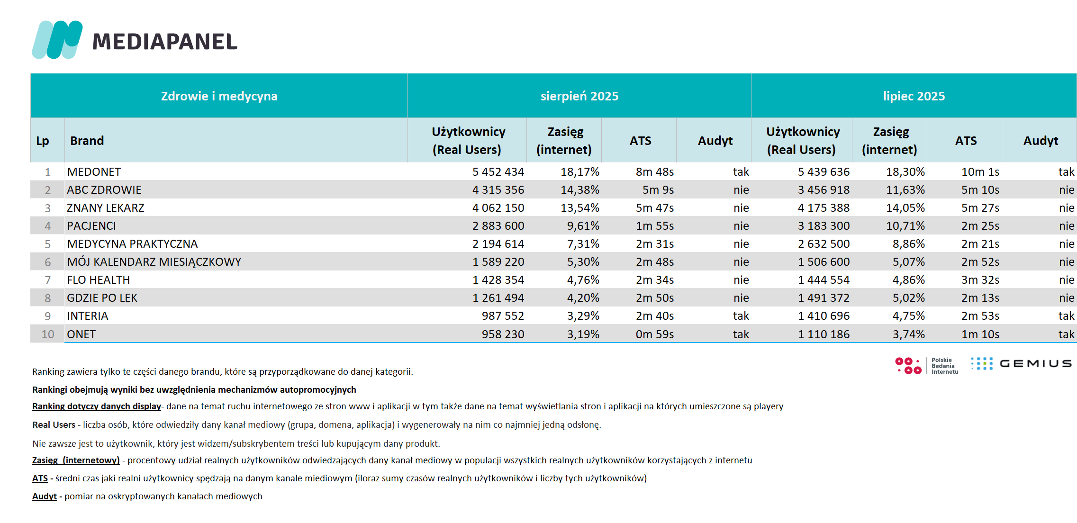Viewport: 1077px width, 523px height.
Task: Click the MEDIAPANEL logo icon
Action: pos(57,40)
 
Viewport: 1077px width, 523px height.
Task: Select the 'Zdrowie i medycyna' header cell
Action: pos(219,96)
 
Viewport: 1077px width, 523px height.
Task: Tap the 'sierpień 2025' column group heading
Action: pos(579,96)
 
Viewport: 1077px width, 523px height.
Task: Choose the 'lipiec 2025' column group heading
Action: pos(914,96)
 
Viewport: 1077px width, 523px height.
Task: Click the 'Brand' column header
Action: pos(87,141)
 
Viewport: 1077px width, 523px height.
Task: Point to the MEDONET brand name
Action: pos(94,172)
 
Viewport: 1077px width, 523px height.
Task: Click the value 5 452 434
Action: pos(498,172)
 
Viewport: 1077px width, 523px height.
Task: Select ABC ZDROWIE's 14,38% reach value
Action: pos(580,190)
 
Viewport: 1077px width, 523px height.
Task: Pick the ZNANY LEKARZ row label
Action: pos(105,208)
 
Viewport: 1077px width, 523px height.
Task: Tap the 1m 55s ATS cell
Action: pos(655,226)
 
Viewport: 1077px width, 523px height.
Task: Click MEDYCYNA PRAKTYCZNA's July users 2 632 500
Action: pos(824,244)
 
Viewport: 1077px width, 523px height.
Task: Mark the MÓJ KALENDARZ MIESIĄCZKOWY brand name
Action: pos(154,262)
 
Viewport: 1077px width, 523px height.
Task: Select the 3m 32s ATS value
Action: pos(980,280)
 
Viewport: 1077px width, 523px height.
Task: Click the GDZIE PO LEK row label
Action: pos(102,298)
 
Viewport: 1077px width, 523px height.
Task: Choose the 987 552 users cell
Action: pos(503,316)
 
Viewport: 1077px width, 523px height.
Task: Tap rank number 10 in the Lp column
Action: pos(48,334)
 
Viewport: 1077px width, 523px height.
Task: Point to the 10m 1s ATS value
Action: pos(980,172)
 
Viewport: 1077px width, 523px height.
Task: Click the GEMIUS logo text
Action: pos(1036,364)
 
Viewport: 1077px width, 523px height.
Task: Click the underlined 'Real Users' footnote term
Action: pos(54,425)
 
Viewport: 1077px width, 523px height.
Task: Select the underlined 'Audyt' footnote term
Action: pos(45,496)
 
